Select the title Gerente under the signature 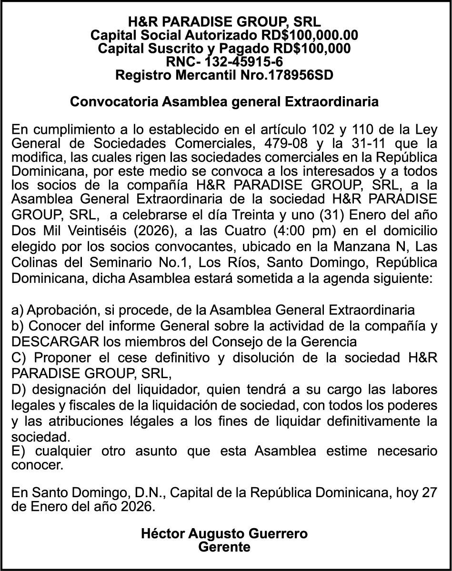(224, 547)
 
